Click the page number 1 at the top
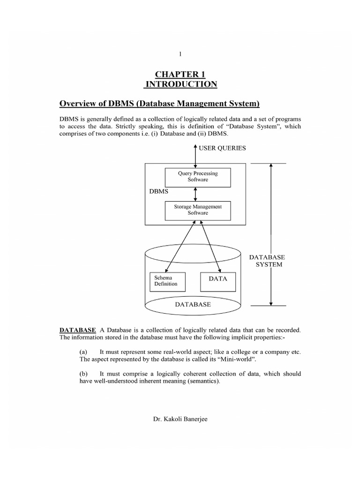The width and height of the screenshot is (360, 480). (x=180, y=54)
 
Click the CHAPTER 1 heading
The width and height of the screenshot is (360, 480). (x=180, y=74)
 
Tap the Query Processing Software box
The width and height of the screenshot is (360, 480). (x=198, y=177)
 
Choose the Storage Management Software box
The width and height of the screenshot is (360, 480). (x=198, y=210)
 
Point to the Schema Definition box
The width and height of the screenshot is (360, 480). (x=166, y=281)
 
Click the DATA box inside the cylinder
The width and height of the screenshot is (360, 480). (x=217, y=278)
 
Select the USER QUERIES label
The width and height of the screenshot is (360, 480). (x=222, y=148)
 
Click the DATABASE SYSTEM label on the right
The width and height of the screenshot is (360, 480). (x=266, y=261)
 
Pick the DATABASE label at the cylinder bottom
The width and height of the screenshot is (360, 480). (x=193, y=304)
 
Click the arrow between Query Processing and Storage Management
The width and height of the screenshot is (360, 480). (x=195, y=193)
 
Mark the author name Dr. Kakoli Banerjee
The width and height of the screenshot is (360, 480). (x=180, y=419)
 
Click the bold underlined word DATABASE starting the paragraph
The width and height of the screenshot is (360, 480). (x=78, y=330)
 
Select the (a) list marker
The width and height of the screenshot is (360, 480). (x=84, y=352)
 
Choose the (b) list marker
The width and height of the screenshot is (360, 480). (x=84, y=374)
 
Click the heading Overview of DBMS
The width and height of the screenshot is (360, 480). (x=159, y=104)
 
